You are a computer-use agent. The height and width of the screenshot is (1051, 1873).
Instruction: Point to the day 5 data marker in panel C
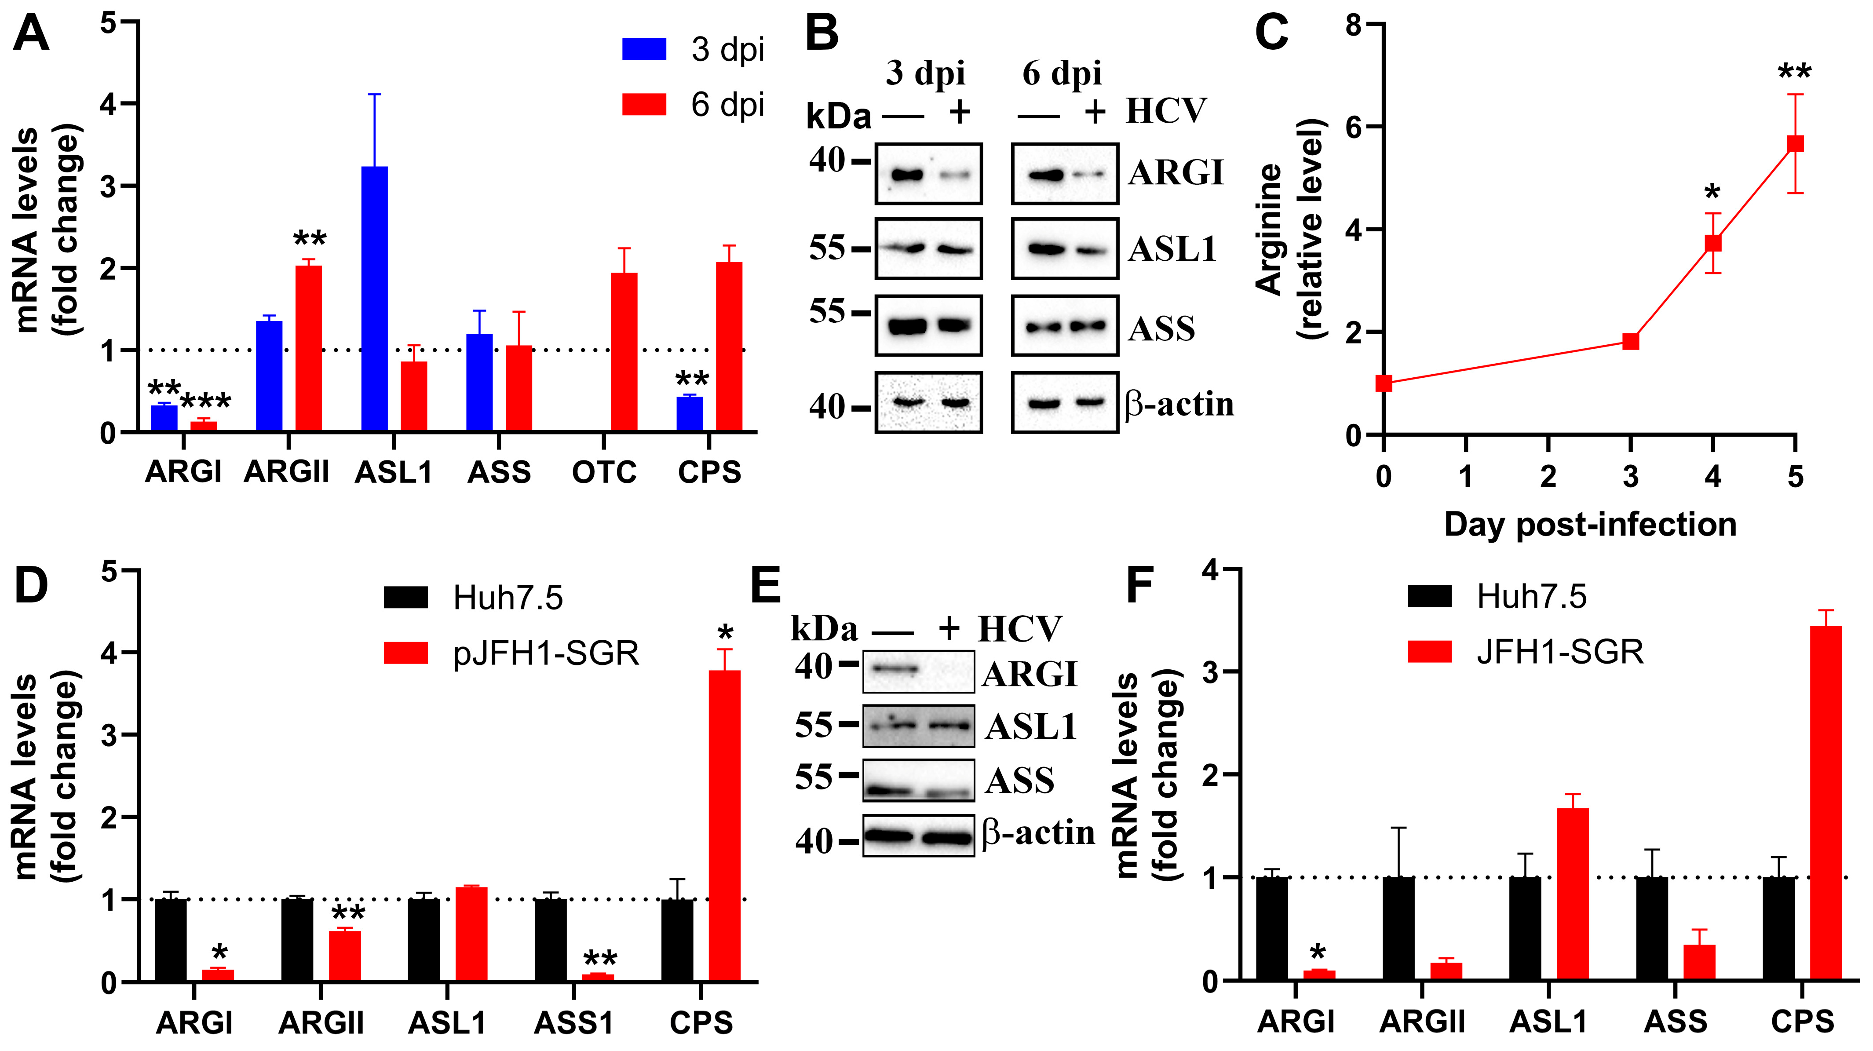1795,143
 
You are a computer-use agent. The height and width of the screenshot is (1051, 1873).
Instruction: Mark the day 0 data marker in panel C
1384,383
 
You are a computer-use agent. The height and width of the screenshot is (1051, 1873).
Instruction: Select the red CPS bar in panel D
724,826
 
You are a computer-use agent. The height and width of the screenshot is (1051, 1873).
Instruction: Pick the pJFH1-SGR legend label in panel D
545,653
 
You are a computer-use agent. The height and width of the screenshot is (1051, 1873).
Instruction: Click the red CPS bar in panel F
1825,803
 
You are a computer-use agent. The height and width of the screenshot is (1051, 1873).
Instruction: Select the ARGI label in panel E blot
1029,674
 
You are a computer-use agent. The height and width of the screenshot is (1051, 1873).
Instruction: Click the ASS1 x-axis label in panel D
573,1023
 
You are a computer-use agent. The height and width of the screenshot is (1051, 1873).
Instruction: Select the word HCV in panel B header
1165,111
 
